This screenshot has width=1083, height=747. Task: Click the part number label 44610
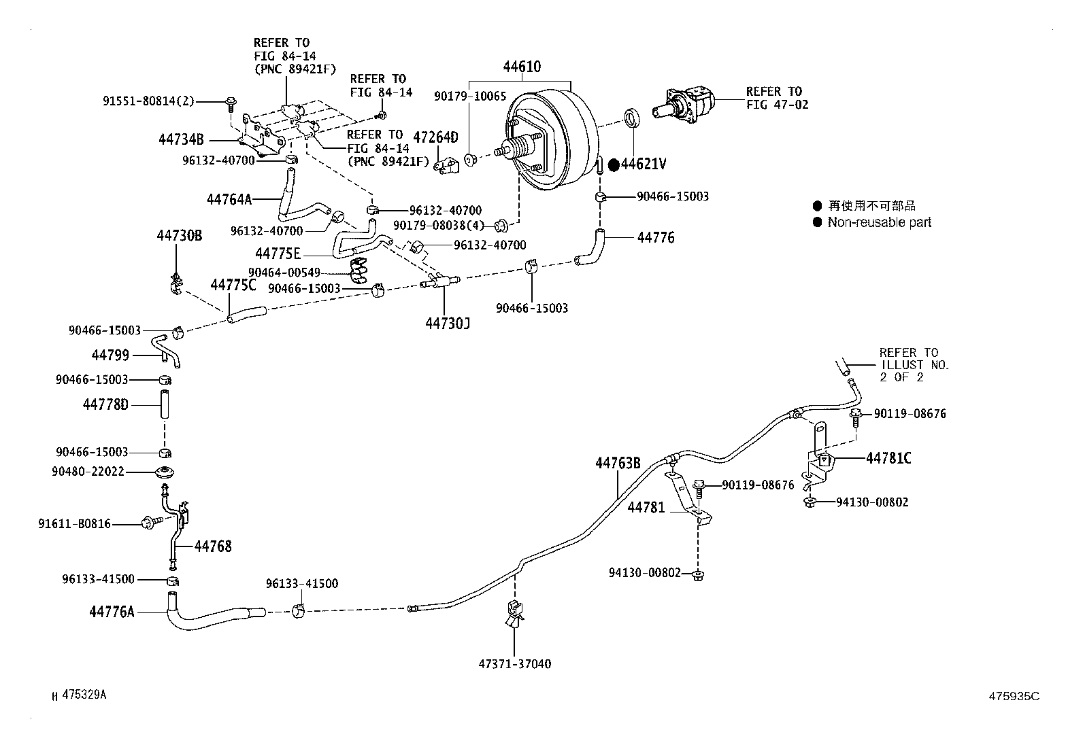(522, 67)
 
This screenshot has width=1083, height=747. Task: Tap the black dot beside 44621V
(613, 164)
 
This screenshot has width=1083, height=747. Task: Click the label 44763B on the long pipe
(618, 464)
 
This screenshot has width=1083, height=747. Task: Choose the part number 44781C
(888, 458)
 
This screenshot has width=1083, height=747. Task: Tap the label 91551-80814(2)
(148, 101)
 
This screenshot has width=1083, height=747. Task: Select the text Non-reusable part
(879, 222)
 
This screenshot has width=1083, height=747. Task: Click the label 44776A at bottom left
(112, 612)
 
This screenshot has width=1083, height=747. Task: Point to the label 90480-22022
(88, 471)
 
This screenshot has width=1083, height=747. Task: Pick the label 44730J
(448, 324)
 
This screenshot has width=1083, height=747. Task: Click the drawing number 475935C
(1014, 696)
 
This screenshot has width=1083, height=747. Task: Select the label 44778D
(105, 405)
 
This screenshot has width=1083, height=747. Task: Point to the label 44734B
(181, 140)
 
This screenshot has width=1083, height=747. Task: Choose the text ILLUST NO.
(914, 365)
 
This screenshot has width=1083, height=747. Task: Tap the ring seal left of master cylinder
(633, 118)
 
